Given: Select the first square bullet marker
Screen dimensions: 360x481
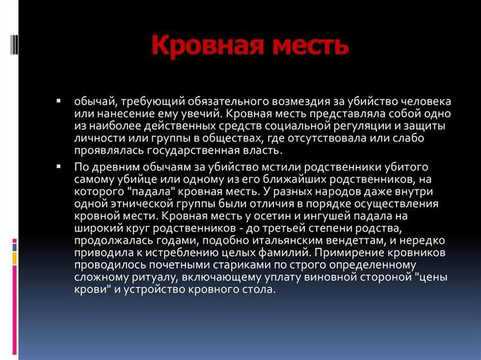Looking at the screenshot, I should (58, 101).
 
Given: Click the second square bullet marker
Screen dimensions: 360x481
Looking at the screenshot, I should (58, 166).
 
